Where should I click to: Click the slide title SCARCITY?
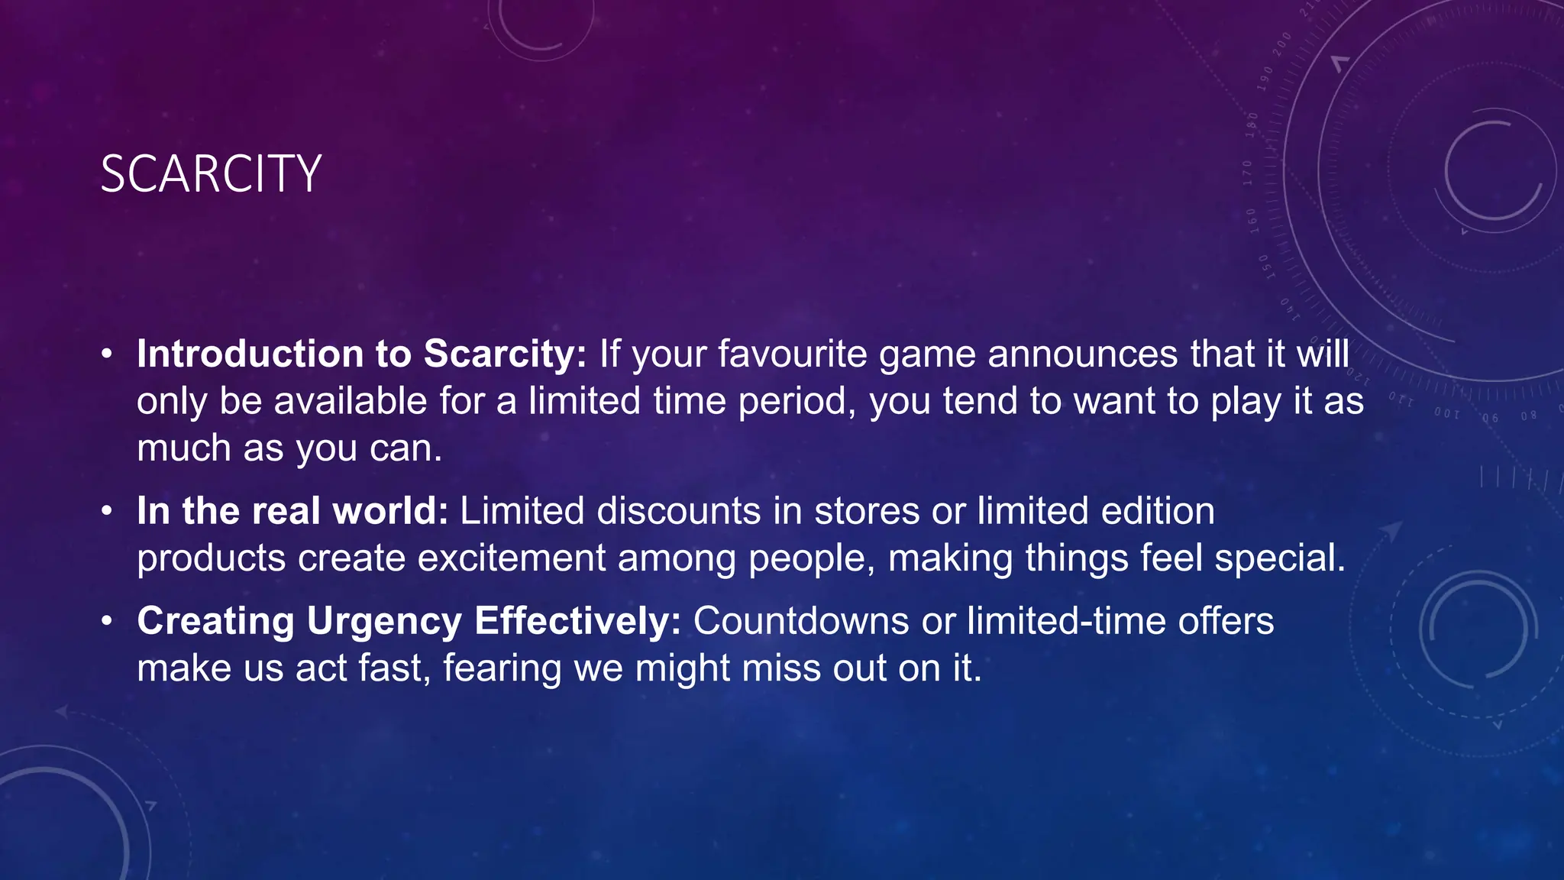pyautogui.click(x=211, y=174)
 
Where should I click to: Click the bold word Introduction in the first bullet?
pyautogui.click(x=250, y=354)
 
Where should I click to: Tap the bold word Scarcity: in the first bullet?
pyautogui.click(x=505, y=354)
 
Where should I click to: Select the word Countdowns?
pyautogui.click(x=801, y=621)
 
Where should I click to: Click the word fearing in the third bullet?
pyautogui.click(x=502, y=668)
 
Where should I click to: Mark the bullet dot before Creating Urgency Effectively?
pyautogui.click(x=108, y=621)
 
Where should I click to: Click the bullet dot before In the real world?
pyautogui.click(x=108, y=511)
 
